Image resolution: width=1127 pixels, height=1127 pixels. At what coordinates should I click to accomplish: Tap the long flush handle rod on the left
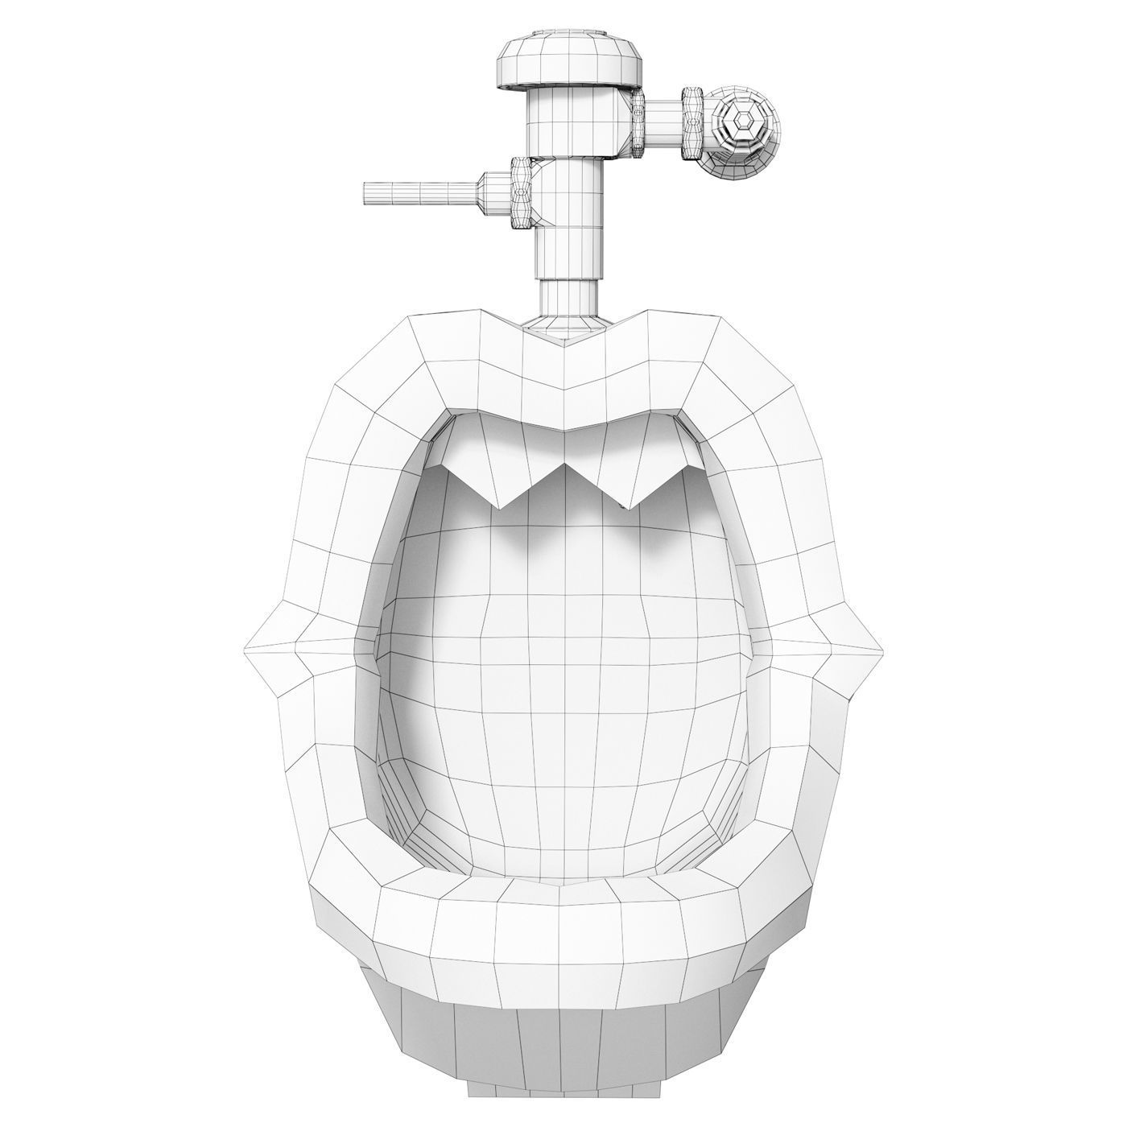[419, 194]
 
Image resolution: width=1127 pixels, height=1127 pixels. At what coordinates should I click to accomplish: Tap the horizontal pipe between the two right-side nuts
[664, 123]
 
